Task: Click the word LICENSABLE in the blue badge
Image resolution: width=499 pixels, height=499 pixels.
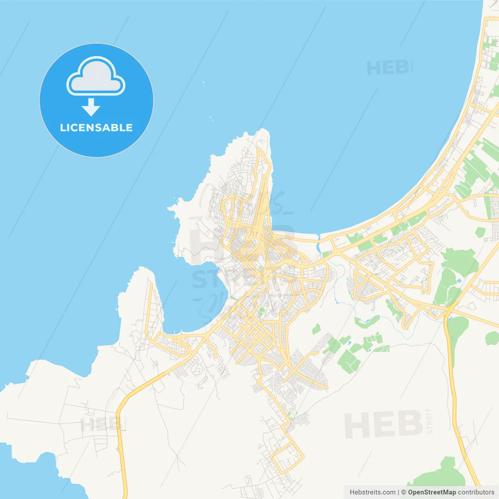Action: pyautogui.click(x=96, y=127)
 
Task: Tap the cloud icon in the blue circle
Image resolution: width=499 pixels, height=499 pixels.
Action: pyautogui.click(x=96, y=77)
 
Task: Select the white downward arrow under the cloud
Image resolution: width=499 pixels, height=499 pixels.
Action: pyautogui.click(x=91, y=107)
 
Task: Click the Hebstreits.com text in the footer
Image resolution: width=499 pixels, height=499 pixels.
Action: pyautogui.click(x=372, y=492)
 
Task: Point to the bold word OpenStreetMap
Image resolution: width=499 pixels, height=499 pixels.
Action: pyautogui.click(x=432, y=492)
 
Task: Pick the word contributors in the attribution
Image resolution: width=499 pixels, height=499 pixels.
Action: pyautogui.click(x=476, y=492)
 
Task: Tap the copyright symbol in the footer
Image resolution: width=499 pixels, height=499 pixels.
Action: pyautogui.click(x=403, y=492)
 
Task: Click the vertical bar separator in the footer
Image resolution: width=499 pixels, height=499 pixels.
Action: pyautogui.click(x=398, y=492)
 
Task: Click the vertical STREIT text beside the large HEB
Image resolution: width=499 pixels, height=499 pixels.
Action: pyautogui.click(x=429, y=421)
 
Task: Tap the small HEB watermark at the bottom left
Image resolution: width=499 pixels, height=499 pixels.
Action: pyautogui.click(x=101, y=425)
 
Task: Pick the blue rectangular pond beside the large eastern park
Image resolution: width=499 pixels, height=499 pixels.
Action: pyautogui.click(x=458, y=281)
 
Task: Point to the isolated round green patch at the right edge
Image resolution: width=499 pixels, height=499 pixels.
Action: pyautogui.click(x=492, y=338)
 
